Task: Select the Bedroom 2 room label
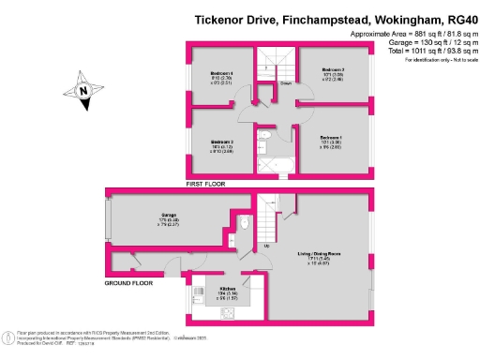coord(335,69)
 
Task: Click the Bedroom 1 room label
coord(331,138)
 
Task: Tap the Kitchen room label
coord(228,289)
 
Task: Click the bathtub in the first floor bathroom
coord(276,166)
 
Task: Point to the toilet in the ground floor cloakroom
coord(244,223)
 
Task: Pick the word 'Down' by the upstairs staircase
coord(284,82)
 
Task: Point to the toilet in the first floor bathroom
coord(264,138)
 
